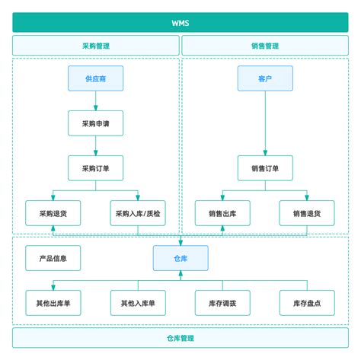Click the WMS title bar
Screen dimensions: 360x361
pyautogui.click(x=180, y=22)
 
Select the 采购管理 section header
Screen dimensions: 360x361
pyautogui.click(x=95, y=46)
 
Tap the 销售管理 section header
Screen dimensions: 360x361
pyautogui.click(x=265, y=46)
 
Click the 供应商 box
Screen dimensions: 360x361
pyautogui.click(x=95, y=78)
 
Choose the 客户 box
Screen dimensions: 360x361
pyautogui.click(x=265, y=78)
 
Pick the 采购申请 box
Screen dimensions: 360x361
pyautogui.click(x=95, y=123)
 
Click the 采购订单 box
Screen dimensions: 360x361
pyautogui.click(x=95, y=167)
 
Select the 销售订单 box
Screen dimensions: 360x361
pyautogui.click(x=265, y=167)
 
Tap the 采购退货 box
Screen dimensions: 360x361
pyautogui.click(x=53, y=213)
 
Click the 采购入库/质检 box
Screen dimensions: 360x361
pyautogui.click(x=137, y=213)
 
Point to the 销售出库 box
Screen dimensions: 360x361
pyautogui.click(x=222, y=213)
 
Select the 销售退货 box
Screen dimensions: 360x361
pyautogui.click(x=307, y=213)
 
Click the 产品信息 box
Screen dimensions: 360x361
pyautogui.click(x=53, y=258)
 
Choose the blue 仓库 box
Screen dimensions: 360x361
pyautogui.click(x=180, y=258)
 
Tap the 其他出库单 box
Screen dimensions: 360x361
pyautogui.click(x=53, y=303)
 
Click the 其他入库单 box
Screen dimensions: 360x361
pyautogui.click(x=137, y=303)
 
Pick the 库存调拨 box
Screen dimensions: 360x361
pyautogui.click(x=222, y=303)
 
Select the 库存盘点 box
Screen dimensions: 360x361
pyautogui.click(x=307, y=303)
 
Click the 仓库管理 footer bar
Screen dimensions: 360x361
pyautogui.click(x=180, y=337)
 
